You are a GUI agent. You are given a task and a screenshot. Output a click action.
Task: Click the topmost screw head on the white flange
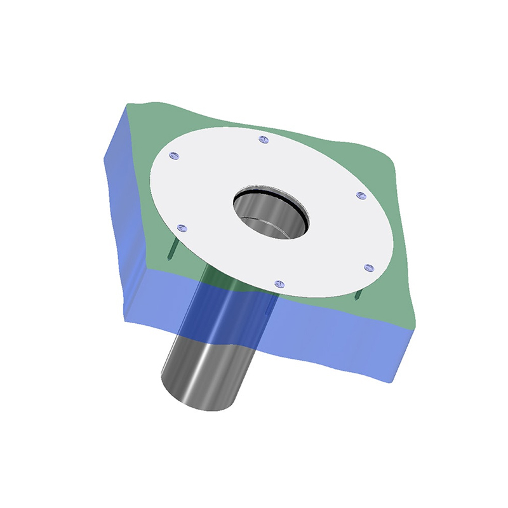tap(265, 139)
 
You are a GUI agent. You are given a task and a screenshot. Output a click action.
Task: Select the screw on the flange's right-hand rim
tap(360, 196)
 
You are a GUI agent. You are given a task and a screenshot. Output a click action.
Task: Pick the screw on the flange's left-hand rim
tap(182, 227)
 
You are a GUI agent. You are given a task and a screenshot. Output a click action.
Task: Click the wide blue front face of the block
tap(317, 337)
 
